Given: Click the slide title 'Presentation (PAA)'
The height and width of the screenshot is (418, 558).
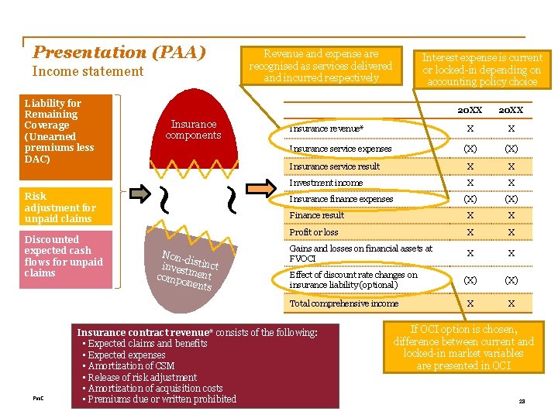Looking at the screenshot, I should point(119,53).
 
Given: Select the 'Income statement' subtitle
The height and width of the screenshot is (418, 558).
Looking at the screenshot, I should point(88,71).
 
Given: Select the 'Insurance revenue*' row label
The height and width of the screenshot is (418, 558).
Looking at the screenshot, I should point(325,128).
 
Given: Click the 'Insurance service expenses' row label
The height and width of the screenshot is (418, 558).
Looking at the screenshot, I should point(340,149).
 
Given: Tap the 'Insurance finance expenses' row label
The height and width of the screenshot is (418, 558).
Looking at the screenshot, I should point(341,199).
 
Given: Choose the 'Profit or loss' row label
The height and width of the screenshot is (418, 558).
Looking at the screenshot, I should point(313,232).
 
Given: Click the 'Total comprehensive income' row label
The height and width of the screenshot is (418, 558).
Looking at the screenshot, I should point(343,303).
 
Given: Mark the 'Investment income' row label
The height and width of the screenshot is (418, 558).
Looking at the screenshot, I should point(325,183).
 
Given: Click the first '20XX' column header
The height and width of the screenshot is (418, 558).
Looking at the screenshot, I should point(470,111).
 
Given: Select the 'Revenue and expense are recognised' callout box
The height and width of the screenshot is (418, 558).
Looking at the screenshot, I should point(321,65).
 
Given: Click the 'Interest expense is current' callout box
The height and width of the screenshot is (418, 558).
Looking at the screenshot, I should point(482,69).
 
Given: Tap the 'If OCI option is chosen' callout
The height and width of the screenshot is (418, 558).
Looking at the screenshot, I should point(463,348).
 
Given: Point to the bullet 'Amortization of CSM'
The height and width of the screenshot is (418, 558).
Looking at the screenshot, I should point(131,366).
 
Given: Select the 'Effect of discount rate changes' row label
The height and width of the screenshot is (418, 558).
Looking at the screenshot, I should point(353,279).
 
